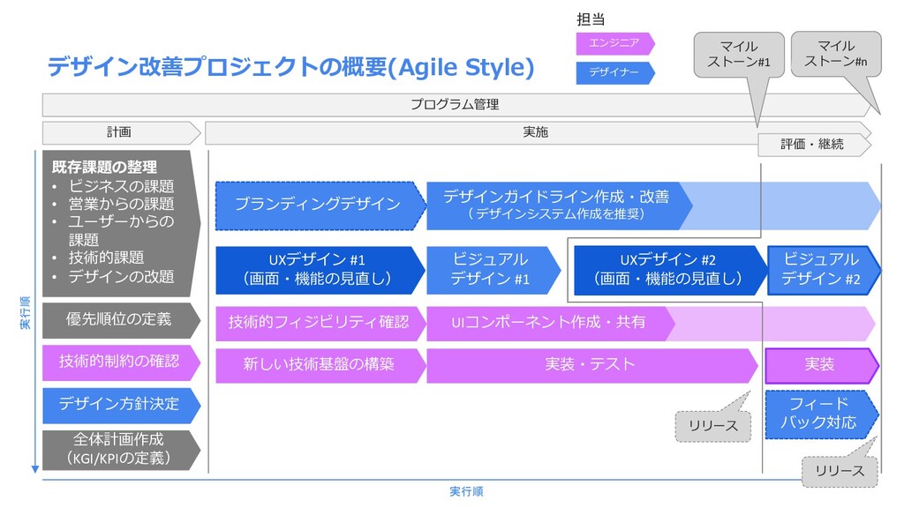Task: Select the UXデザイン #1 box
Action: [x=320, y=270]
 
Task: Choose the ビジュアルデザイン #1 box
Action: [x=493, y=270]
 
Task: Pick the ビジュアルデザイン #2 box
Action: [x=824, y=270]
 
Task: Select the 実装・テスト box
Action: [x=591, y=365]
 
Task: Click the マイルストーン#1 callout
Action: [x=739, y=55]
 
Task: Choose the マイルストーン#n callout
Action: [x=836, y=54]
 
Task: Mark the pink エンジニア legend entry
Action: [x=615, y=43]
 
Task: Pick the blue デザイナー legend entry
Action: [x=615, y=72]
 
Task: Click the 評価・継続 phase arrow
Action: [x=814, y=145]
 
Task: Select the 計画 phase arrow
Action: [x=121, y=132]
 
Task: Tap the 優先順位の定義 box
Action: [x=121, y=320]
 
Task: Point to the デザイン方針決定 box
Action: [x=121, y=405]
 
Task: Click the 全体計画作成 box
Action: [x=121, y=450]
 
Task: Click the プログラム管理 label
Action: [x=455, y=105]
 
